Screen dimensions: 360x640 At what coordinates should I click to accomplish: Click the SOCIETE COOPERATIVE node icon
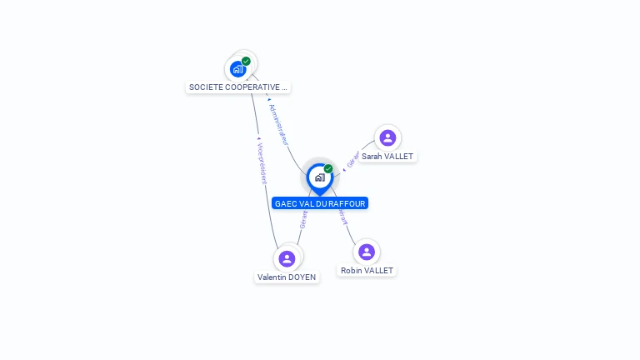point(238,69)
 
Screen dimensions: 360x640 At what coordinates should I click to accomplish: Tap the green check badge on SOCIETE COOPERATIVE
point(246,61)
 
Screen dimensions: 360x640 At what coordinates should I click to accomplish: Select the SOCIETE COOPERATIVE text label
point(238,87)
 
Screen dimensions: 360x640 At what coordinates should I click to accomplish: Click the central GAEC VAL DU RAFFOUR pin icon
point(319,177)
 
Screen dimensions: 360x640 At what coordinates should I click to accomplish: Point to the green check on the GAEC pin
point(328,169)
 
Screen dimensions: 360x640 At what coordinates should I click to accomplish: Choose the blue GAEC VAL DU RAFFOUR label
point(320,203)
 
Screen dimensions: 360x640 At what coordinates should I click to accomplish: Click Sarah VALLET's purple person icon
point(387,137)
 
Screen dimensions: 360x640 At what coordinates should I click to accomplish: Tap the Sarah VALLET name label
point(387,157)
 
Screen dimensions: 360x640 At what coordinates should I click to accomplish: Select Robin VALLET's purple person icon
point(367,252)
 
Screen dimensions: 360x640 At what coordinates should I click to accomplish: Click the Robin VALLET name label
point(367,271)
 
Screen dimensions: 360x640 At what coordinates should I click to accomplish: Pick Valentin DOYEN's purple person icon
point(287,258)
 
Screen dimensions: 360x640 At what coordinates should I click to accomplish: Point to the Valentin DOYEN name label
point(287,277)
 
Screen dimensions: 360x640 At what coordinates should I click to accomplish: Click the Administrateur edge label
point(278,124)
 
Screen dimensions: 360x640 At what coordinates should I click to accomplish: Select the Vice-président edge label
point(261,162)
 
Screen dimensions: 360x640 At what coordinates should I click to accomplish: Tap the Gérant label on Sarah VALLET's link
point(352,158)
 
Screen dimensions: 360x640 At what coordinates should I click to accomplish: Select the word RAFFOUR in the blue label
point(346,203)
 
